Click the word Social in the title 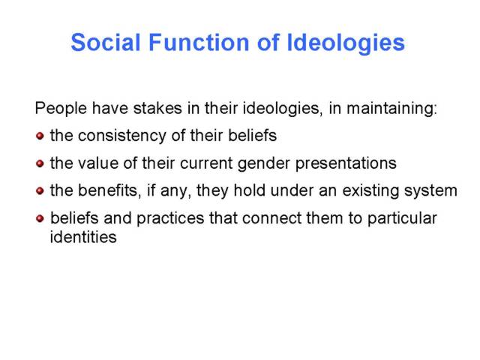click(106, 42)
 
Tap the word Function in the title click(199, 42)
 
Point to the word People click(61, 109)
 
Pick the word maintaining click(391, 109)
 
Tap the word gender click(264, 164)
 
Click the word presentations click(346, 164)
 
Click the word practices click(170, 219)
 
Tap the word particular click(402, 219)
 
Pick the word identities click(83, 237)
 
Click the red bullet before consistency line click(40, 136)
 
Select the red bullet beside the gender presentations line click(40, 163)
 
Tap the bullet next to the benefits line click(40, 191)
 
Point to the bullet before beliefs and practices click(40, 218)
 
